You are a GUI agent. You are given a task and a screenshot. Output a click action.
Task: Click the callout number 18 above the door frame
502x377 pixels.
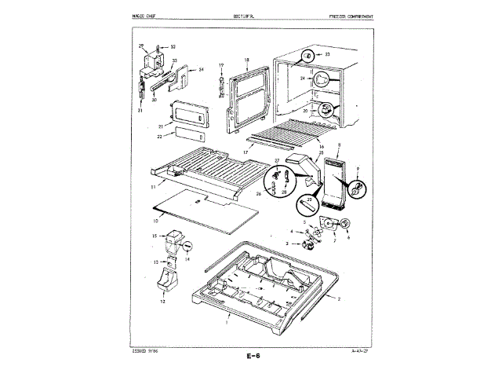246,60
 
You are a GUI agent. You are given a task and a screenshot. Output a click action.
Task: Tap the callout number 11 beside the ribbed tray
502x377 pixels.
153,188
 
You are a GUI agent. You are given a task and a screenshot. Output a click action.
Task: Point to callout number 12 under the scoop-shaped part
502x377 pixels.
164,301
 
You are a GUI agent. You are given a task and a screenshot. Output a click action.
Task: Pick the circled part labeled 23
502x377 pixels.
309,55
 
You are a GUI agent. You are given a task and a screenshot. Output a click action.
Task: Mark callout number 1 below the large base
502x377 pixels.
226,323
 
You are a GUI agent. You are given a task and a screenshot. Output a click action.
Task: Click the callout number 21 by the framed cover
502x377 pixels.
159,126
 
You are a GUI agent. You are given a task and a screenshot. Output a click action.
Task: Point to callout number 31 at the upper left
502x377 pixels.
141,110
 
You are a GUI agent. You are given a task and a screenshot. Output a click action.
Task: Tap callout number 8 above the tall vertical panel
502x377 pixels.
337,147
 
